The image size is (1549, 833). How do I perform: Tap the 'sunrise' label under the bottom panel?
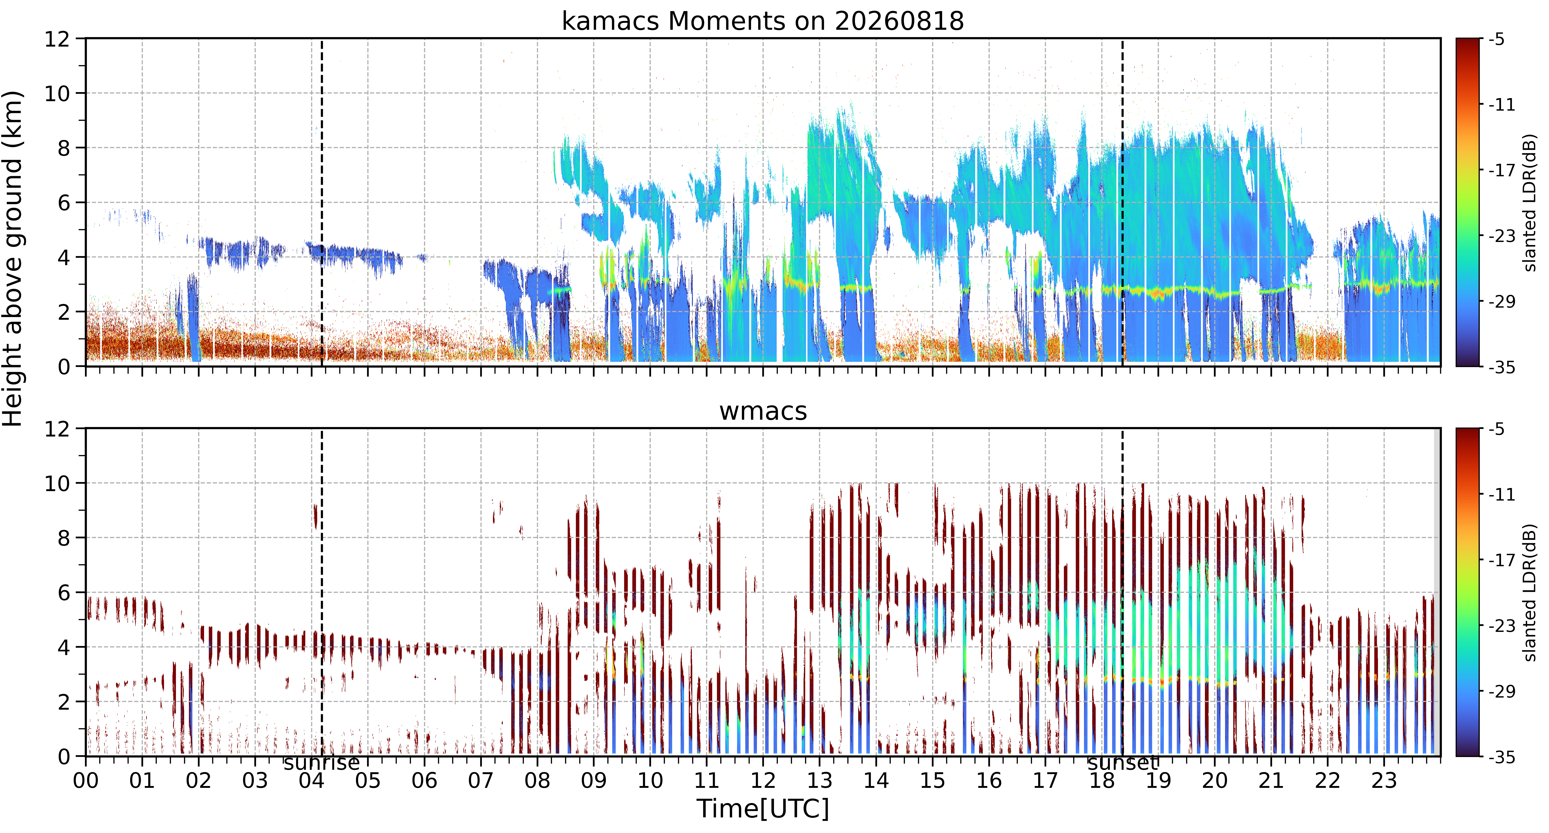click(322, 763)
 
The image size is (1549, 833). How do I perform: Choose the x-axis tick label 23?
click(1384, 781)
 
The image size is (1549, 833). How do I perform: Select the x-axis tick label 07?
click(480, 781)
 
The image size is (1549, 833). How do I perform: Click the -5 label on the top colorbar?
click(1497, 40)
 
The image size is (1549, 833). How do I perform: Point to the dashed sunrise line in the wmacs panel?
click(322, 592)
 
